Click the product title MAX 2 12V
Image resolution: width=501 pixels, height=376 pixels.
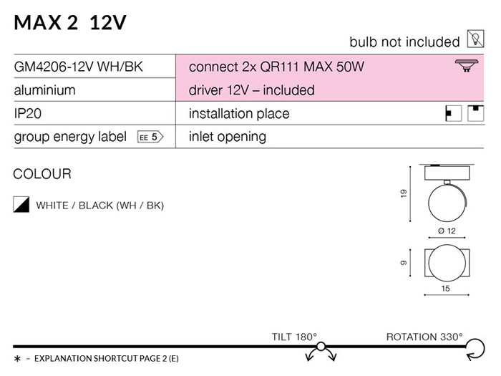coord(70,23)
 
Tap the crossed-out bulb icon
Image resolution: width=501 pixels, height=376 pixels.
coord(475,39)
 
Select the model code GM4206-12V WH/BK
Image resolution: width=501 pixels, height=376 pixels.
coord(78,67)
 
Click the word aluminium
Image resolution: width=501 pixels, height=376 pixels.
coord(44,90)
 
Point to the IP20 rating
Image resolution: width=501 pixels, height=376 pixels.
coord(28,113)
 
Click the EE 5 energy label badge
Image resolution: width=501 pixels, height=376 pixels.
coord(150,137)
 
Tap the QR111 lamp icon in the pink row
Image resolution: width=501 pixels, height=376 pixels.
coord(467,65)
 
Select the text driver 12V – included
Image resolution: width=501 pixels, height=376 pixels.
coord(251,90)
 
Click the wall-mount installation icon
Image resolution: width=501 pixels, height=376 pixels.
coord(453,113)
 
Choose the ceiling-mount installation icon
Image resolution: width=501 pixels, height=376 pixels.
coord(476,113)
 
